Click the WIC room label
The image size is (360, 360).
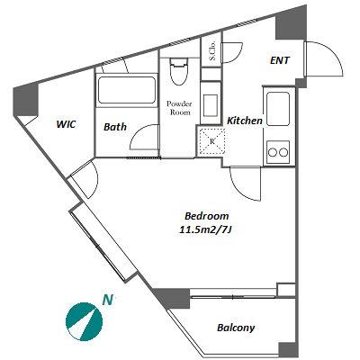pos(66,124)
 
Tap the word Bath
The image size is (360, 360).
pos(115,127)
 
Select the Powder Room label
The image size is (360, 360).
pos(179,108)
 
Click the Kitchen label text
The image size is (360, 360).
pos(245,121)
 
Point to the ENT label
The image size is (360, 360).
pos(280,60)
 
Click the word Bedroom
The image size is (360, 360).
pos(206,216)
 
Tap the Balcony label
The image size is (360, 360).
pos(236,328)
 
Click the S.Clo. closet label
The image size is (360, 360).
pos(212,50)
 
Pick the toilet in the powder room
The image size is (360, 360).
pos(179,71)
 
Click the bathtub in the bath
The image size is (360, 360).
pos(126,90)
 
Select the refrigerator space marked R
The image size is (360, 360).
pos(211,141)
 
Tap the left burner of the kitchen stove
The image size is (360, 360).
pos(273,152)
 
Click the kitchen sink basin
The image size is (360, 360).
pos(278,109)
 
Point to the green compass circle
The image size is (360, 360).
pos(84,321)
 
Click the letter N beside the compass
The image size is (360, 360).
pos(108,300)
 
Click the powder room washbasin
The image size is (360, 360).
pos(210,105)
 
